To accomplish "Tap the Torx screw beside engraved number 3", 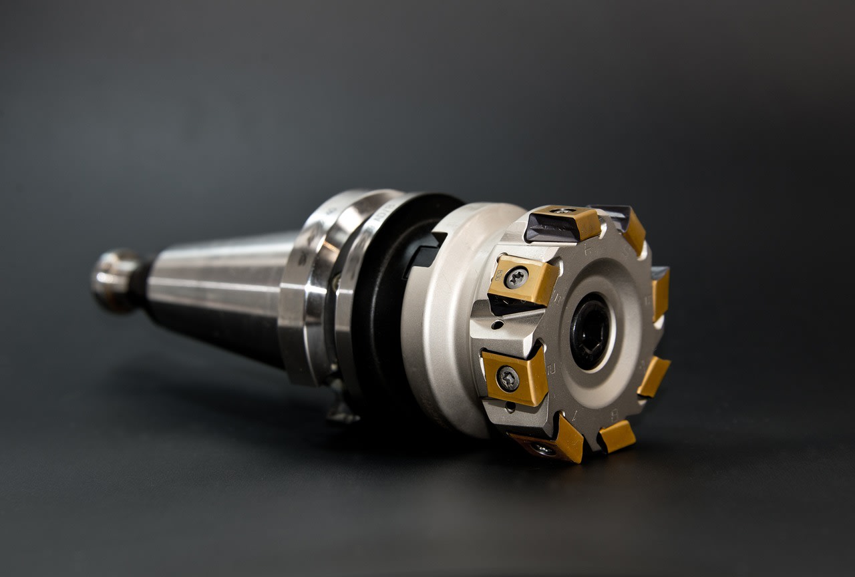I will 516,277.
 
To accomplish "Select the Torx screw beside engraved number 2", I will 508,379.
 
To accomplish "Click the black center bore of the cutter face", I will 590,331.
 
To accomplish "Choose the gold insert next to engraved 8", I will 617,436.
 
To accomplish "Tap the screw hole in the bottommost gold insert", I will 542,449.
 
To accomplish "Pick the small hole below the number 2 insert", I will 510,407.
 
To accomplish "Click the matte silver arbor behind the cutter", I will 441,321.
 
